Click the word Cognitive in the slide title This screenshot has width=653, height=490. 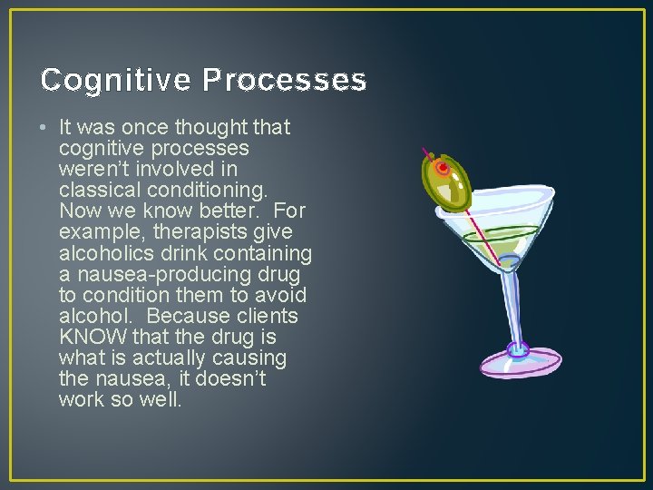[116, 81]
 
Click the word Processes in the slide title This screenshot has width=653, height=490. [284, 81]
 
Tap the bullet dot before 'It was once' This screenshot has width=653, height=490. [45, 128]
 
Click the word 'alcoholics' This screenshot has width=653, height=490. [105, 253]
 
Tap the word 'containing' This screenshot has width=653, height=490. [263, 253]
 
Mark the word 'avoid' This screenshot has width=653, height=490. [281, 295]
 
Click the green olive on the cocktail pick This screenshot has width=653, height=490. [447, 180]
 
